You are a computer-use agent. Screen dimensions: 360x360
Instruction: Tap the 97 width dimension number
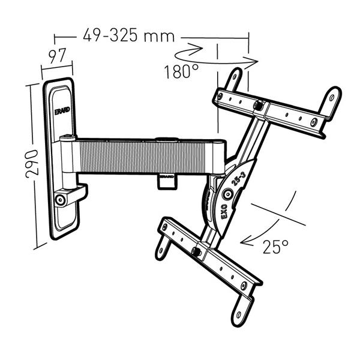tap(56, 57)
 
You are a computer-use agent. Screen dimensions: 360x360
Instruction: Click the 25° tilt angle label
tap(275, 246)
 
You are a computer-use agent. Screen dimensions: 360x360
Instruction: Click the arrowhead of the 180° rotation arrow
tap(252, 60)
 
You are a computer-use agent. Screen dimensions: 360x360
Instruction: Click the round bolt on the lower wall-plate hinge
tap(60, 200)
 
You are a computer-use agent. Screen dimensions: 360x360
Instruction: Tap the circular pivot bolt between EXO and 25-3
tap(229, 194)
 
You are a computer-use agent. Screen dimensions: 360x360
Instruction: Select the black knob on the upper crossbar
tap(258, 106)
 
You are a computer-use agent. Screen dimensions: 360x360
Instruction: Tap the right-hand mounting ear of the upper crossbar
tap(331, 102)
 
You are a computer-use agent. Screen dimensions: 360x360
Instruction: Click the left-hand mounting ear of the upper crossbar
tap(234, 79)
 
